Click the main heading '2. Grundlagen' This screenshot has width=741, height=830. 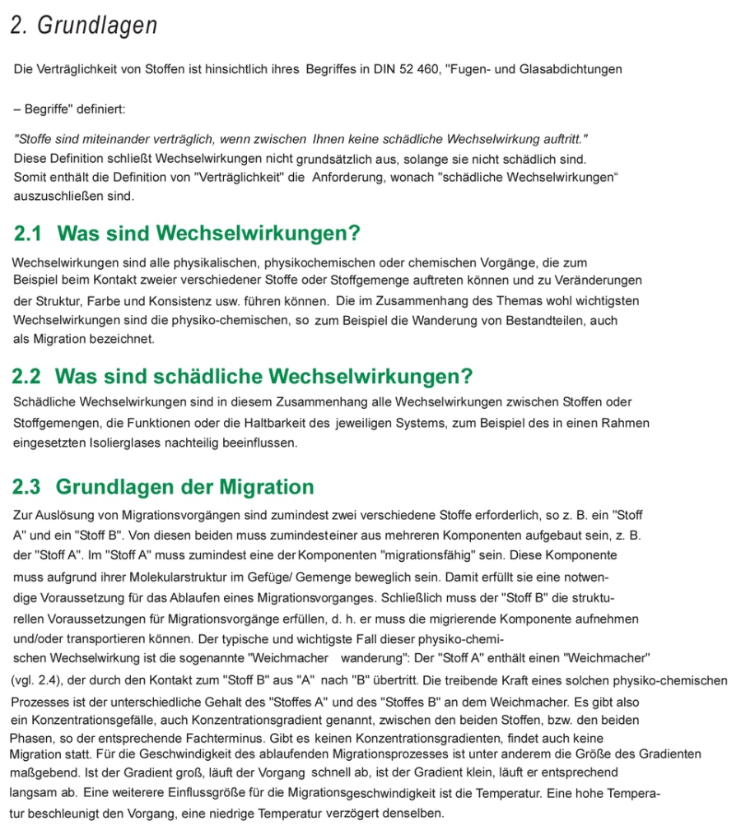coord(83,26)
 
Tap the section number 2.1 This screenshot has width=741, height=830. coord(28,234)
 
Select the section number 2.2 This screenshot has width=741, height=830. coord(26,377)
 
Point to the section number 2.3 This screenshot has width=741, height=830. coord(27,487)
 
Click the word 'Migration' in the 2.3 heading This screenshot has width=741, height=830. coord(267,487)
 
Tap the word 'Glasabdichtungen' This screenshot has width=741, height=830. coord(571,69)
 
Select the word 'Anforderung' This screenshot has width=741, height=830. coord(347,177)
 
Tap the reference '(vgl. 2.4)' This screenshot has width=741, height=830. coord(39,680)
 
